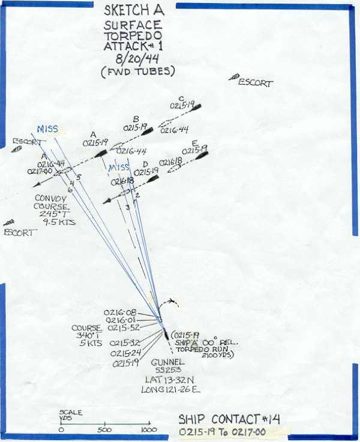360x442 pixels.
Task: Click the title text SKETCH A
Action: [133, 11]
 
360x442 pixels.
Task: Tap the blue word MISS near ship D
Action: [118, 167]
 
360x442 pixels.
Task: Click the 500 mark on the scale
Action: [104, 430]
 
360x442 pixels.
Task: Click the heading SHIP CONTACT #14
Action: [229, 419]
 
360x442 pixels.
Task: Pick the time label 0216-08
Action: [119, 313]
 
